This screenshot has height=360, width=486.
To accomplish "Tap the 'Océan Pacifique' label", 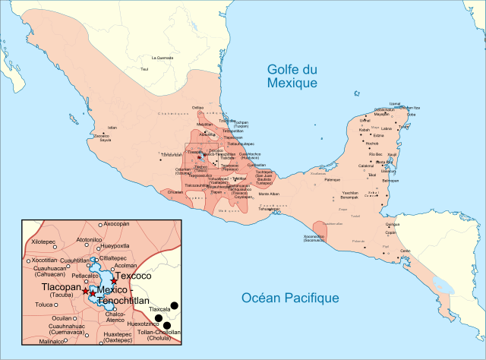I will click(x=290, y=298).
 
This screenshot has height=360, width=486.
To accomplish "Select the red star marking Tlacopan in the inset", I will click(x=85, y=292).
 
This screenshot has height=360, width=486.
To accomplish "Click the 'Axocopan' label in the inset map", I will click(x=116, y=224).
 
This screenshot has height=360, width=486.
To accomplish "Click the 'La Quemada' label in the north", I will click(x=163, y=58).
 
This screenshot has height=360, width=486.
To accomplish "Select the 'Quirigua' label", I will click(x=393, y=224).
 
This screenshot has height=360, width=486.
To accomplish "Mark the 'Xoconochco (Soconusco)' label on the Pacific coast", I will click(x=314, y=238).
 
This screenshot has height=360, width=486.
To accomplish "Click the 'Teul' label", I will click(x=144, y=69).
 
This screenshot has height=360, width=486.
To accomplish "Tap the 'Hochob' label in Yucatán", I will click(x=372, y=144).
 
